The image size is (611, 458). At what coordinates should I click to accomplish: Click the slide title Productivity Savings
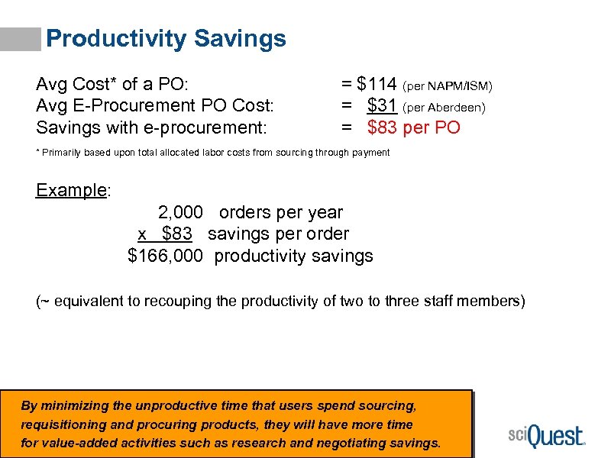(166, 39)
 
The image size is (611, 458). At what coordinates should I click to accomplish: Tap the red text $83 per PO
(413, 127)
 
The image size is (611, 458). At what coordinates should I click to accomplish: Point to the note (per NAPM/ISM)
(448, 85)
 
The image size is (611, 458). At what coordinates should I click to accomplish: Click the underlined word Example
(71, 190)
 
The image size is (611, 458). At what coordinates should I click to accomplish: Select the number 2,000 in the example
(181, 212)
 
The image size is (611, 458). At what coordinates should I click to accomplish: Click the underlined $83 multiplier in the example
(176, 234)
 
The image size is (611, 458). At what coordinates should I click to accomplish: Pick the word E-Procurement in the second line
(128, 105)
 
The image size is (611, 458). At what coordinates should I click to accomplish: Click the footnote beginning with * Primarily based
(213, 153)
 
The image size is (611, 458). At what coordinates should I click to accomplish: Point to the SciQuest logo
(545, 436)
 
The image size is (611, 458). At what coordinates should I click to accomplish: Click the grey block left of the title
(21, 40)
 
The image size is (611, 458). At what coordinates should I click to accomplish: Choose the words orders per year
(281, 212)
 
